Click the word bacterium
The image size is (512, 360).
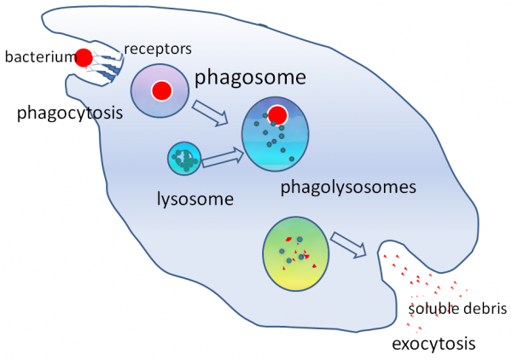pyautogui.click(x=36, y=58)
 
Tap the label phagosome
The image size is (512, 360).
pyautogui.click(x=250, y=78)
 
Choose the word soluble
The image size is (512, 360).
pyautogui.click(x=433, y=308)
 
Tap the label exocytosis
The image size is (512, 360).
pyautogui.click(x=433, y=344)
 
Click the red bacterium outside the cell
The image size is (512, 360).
pyautogui.click(x=83, y=58)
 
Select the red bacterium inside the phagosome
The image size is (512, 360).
pyautogui.click(x=160, y=90)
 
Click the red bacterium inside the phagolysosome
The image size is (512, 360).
pyautogui.click(x=277, y=115)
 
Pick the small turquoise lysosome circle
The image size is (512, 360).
pyautogui.click(x=183, y=159)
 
